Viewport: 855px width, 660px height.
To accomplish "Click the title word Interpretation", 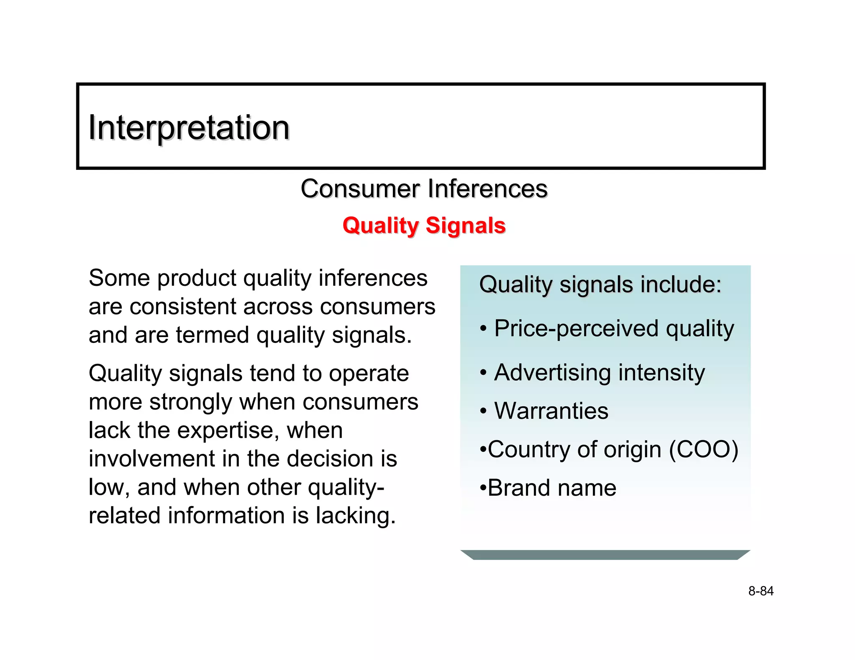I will point(189,128).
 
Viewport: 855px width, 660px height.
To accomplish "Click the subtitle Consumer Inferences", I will point(424,189).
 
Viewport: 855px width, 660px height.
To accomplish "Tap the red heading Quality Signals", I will point(424,226).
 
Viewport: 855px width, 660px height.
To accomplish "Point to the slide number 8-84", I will point(761,591).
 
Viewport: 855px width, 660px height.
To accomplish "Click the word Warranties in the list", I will point(551,411).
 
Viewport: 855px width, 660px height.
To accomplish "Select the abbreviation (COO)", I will point(703,450).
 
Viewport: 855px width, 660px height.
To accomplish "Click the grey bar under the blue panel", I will point(605,555).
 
